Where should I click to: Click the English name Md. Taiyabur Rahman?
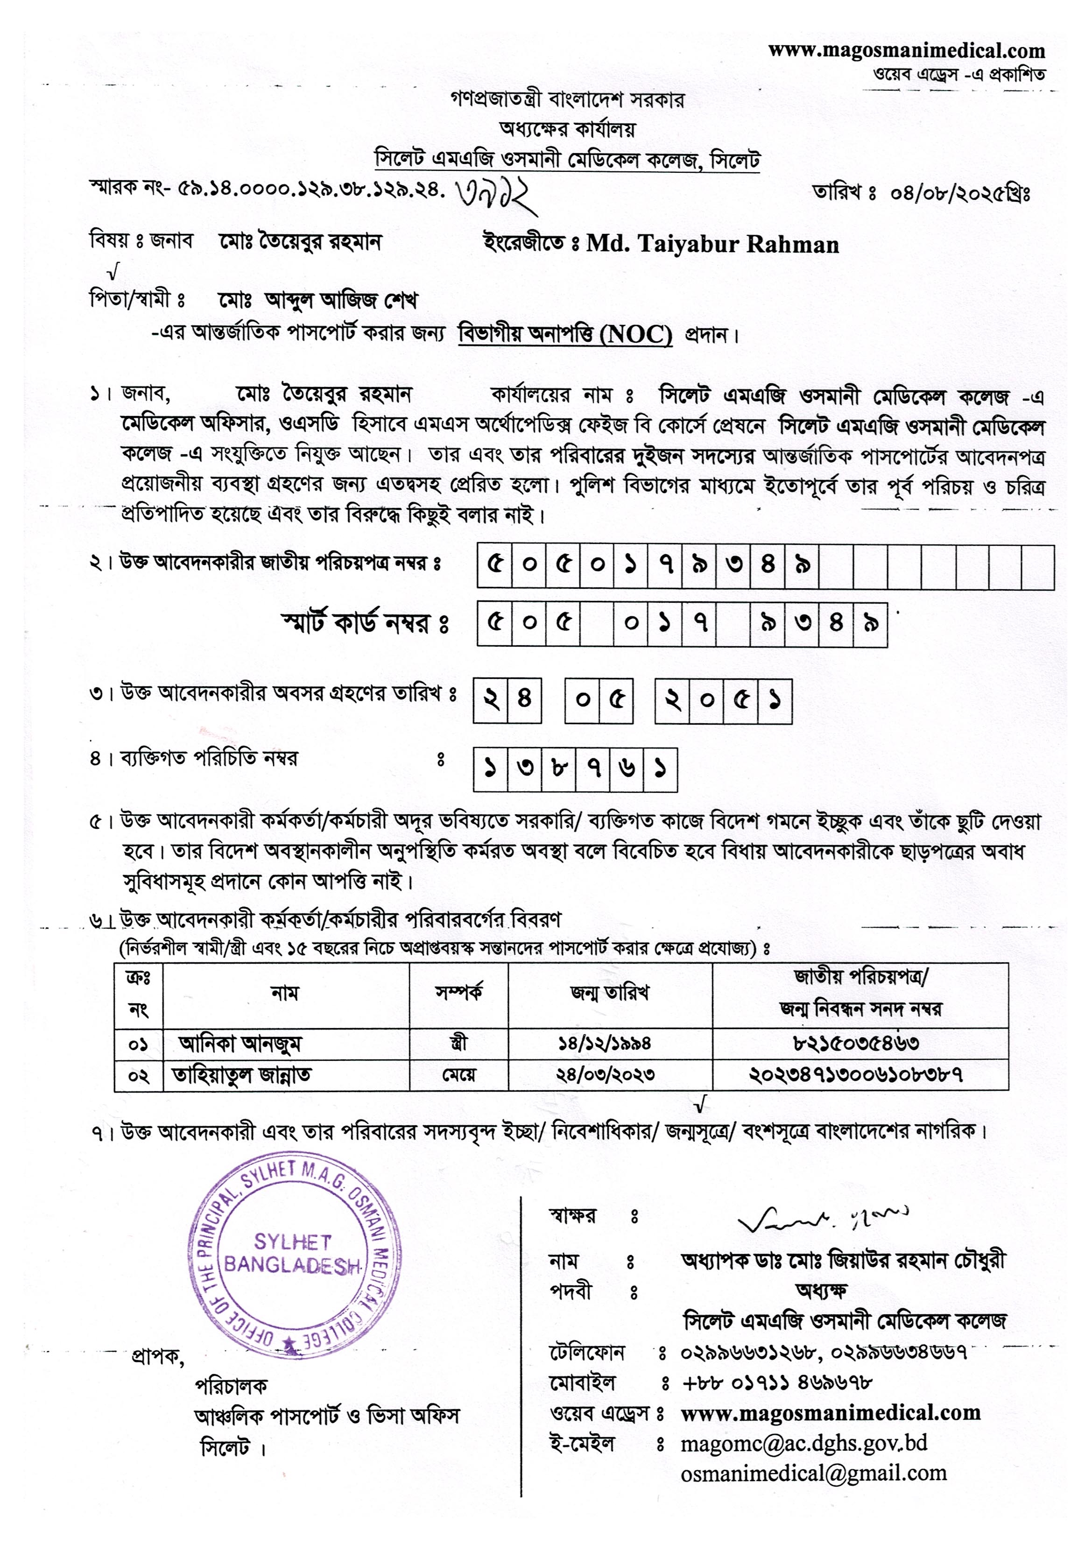(712, 244)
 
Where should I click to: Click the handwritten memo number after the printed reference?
(497, 195)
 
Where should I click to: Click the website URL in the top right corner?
(906, 50)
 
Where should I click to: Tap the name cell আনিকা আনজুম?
(240, 1044)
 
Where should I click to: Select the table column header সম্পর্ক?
(458, 993)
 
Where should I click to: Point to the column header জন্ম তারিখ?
(609, 993)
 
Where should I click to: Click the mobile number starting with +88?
(776, 1383)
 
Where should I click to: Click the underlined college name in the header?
(567, 161)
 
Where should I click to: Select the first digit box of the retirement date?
(491, 701)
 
